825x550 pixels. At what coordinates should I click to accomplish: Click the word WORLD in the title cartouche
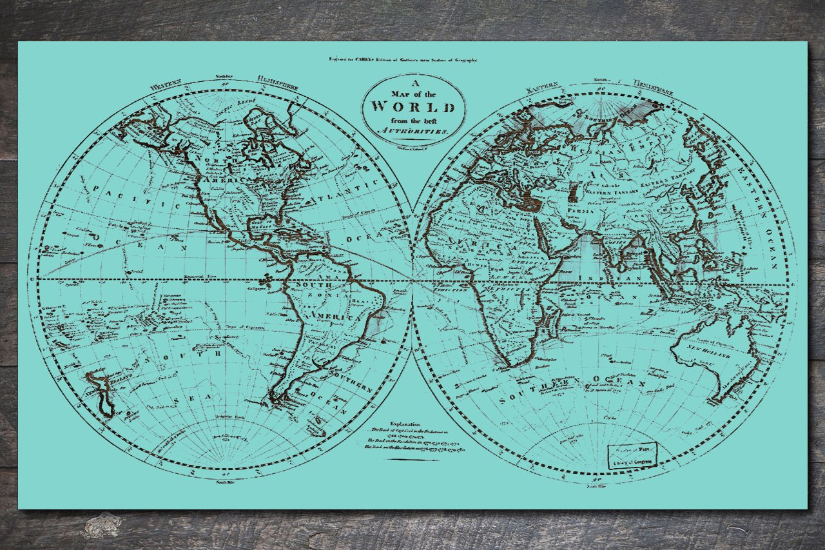pos(413,106)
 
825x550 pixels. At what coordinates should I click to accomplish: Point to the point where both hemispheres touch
pos(412,280)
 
